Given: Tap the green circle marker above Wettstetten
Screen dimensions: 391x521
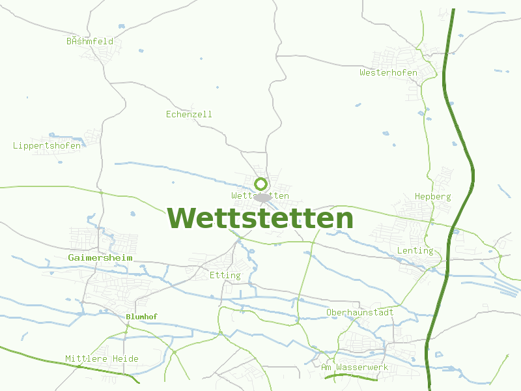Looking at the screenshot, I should [x=260, y=184].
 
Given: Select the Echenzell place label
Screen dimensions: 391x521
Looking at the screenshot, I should [x=189, y=114].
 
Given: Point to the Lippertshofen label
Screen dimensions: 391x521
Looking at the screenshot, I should [x=47, y=145].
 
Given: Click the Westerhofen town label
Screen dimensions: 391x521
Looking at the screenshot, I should [x=388, y=72].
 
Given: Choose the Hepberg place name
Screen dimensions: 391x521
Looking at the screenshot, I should [x=432, y=196].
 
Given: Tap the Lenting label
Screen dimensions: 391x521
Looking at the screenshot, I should [x=415, y=250].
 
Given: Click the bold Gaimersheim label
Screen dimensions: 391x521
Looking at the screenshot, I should [x=100, y=257].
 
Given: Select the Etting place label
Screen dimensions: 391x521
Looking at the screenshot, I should [x=225, y=275].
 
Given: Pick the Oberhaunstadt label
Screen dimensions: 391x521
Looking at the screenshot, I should [x=359, y=312].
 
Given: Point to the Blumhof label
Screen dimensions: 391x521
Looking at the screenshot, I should [x=141, y=317].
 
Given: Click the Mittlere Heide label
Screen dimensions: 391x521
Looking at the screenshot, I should [x=102, y=358].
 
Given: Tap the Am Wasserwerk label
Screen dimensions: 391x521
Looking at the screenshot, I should [x=354, y=368].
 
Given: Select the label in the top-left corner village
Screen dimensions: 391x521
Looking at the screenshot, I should [x=90, y=41].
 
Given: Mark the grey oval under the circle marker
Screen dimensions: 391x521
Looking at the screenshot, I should [x=262, y=197].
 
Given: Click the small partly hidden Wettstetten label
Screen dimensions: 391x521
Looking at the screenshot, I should [x=242, y=195].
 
